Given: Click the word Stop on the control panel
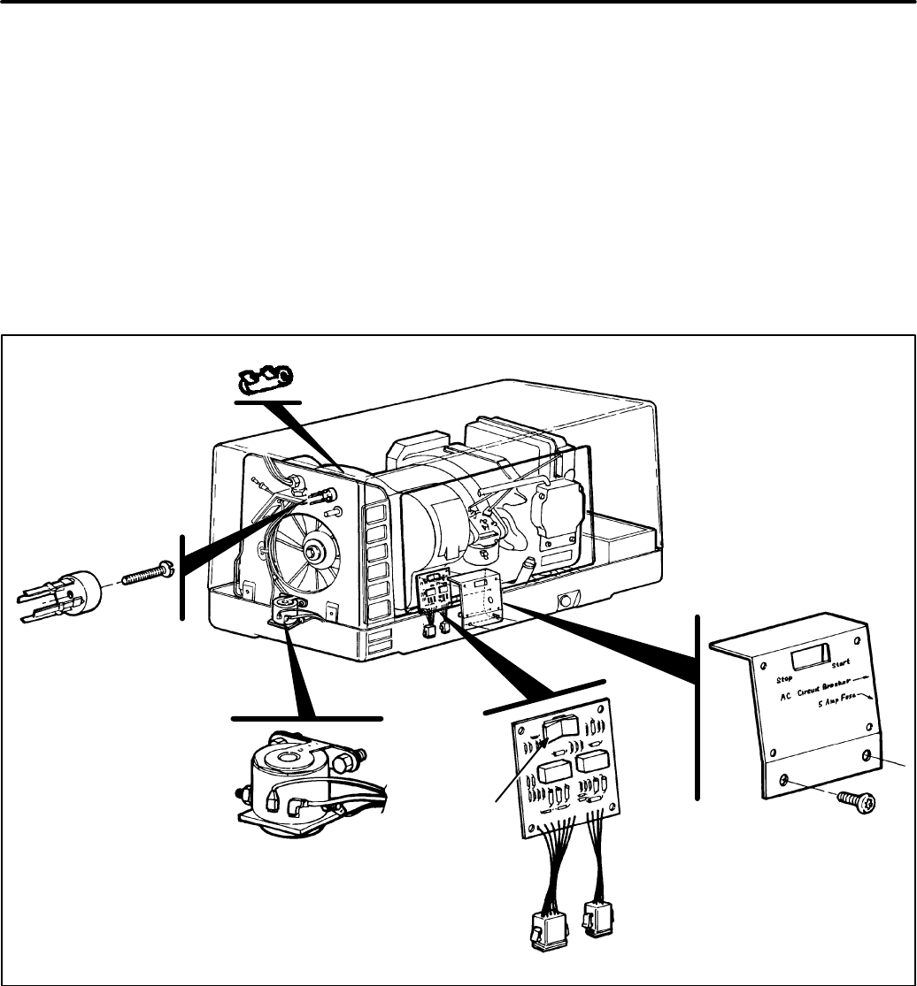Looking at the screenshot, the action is click(x=765, y=679).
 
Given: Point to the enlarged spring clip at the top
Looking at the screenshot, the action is click(x=265, y=380).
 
